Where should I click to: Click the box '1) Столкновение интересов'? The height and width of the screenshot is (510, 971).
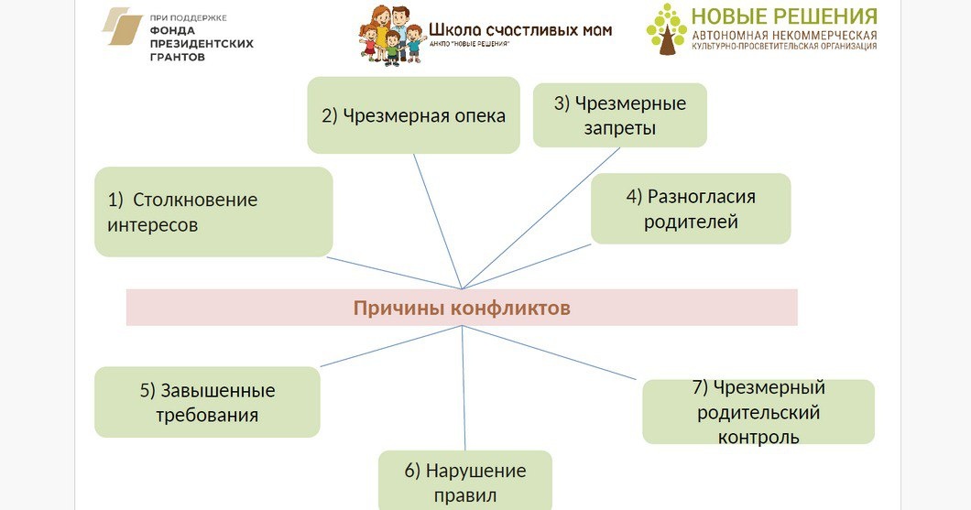click(x=213, y=212)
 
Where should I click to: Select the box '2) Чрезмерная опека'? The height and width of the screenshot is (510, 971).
click(x=413, y=115)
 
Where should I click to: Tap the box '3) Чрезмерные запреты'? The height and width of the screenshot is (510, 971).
click(x=619, y=115)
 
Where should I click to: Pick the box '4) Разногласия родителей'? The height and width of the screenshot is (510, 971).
click(x=690, y=209)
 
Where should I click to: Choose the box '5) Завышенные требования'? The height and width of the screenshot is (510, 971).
click(x=207, y=402)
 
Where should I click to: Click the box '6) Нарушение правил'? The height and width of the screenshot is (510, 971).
click(x=464, y=482)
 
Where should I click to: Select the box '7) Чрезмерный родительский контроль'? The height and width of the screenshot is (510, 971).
click(x=758, y=411)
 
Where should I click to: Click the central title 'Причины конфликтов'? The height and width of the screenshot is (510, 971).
click(x=462, y=308)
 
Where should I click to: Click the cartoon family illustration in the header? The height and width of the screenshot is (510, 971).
click(x=391, y=35)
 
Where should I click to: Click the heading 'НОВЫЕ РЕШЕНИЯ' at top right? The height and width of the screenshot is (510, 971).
click(x=783, y=16)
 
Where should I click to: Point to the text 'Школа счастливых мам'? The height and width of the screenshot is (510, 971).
click(x=519, y=29)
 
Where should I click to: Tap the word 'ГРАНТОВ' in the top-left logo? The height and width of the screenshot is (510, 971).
click(x=177, y=57)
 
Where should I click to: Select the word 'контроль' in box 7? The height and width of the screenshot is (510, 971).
click(x=758, y=437)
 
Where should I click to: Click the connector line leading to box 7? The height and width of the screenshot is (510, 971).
click(x=550, y=353)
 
